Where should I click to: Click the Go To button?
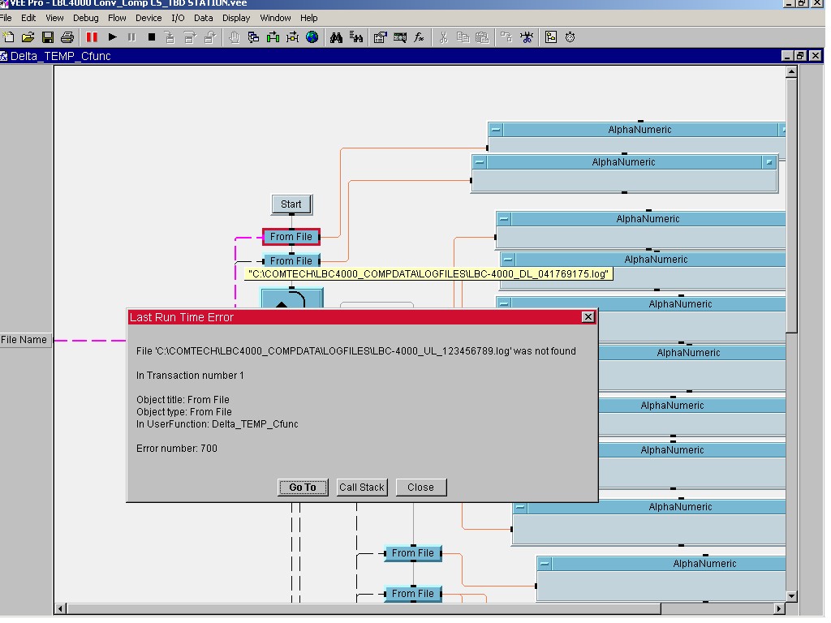tap(303, 488)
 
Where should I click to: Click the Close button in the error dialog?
tap(420, 488)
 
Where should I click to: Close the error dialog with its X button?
tap(588, 317)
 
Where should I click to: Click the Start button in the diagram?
tap(291, 204)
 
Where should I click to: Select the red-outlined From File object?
tap(291, 237)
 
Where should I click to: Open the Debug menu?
tap(85, 18)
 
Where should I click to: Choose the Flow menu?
tap(117, 18)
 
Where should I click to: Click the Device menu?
tap(149, 18)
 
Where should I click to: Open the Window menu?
tap(275, 18)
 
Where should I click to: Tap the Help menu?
tap(309, 18)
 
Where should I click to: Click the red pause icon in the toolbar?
tap(93, 37)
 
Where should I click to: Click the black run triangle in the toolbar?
tap(113, 37)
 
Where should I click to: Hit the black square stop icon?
tap(152, 37)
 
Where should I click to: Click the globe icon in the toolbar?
tap(312, 37)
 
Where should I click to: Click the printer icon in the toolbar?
tap(67, 37)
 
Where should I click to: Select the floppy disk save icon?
tap(48, 37)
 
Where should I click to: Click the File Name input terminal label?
tap(24, 340)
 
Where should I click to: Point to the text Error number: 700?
tap(177, 449)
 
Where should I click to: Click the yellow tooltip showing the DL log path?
tap(428, 274)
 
